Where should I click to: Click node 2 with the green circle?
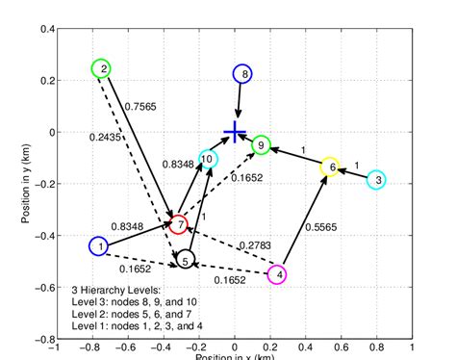point(101,68)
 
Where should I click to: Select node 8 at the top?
point(243,73)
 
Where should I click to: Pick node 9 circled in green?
point(261,145)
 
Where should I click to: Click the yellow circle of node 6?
point(330,167)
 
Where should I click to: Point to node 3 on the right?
point(377,179)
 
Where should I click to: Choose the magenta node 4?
point(277,274)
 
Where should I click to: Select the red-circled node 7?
point(178,225)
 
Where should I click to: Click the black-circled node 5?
point(186,258)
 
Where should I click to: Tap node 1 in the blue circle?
point(97,246)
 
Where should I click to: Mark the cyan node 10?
point(208,159)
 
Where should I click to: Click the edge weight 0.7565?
point(142,107)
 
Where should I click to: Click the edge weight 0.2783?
point(255,244)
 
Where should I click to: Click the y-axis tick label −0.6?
point(40,288)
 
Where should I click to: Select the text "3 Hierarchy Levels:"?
point(116,289)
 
